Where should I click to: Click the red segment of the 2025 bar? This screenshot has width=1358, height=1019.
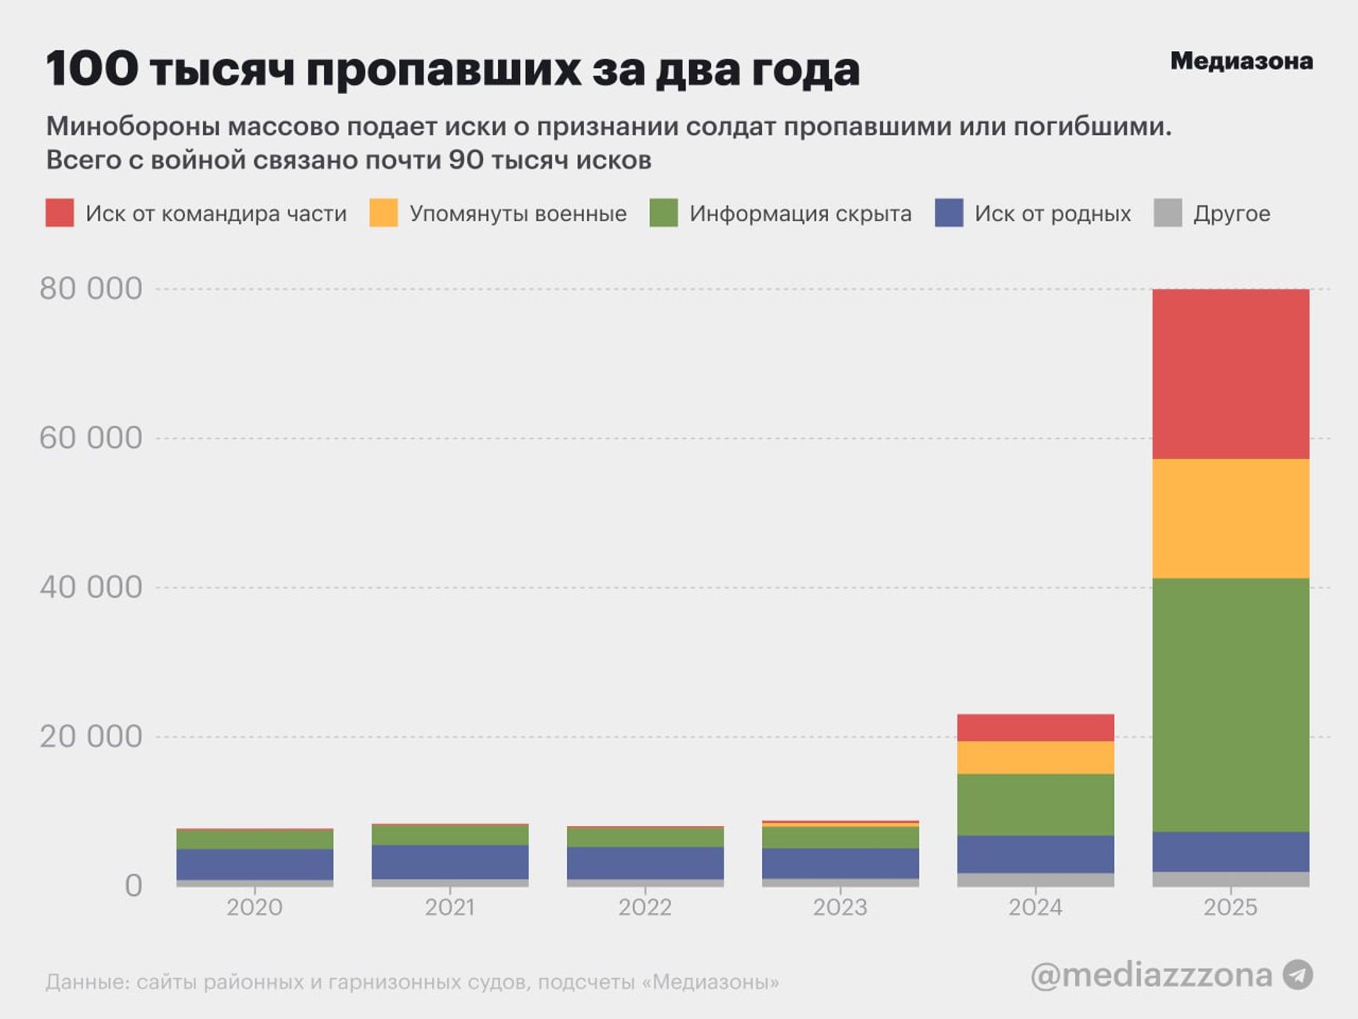1230,373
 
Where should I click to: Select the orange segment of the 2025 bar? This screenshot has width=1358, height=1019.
1230,519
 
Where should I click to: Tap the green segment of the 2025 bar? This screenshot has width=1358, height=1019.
1230,704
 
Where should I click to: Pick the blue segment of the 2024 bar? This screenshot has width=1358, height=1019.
1035,854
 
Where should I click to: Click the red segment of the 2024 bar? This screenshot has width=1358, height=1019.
1035,727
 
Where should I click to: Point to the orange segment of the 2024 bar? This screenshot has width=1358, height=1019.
1035,758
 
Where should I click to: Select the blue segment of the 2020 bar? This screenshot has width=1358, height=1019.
255,864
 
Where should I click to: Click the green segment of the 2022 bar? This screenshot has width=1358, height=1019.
645,837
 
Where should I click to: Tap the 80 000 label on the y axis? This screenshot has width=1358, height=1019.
91,289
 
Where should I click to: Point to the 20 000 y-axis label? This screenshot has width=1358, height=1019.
91,737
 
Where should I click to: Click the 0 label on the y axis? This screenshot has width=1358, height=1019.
133,886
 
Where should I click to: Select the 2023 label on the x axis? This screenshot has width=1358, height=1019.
840,908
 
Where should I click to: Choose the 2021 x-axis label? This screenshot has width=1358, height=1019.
449,908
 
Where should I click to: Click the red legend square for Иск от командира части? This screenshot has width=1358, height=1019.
60,213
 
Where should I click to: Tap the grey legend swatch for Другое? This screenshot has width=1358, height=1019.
1167,213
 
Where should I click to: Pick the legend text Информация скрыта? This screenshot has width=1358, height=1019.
800,213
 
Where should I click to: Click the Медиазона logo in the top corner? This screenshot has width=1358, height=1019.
1241,61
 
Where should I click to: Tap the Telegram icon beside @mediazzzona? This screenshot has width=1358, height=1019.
1298,975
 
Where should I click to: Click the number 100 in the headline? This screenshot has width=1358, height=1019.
92,69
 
